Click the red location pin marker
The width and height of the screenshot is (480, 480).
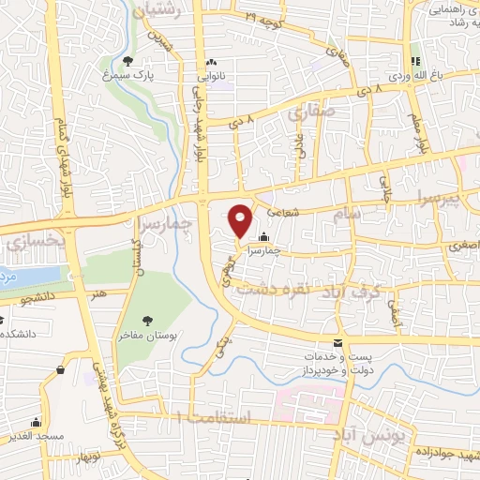(241, 219)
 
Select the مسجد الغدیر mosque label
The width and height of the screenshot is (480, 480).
(36, 438)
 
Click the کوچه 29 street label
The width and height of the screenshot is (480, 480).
(263, 17)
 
